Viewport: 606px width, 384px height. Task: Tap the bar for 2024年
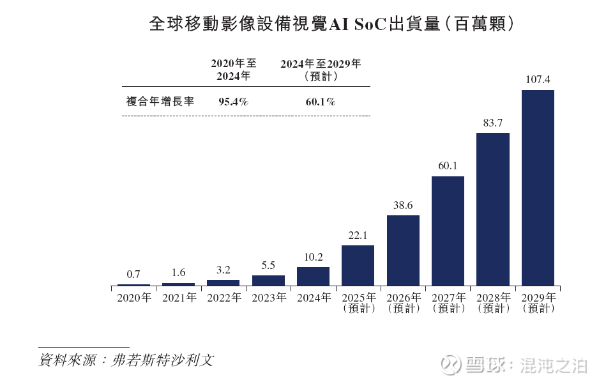point(313,276)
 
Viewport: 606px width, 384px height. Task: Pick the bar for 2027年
point(448,231)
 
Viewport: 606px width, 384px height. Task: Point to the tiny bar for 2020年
point(133,284)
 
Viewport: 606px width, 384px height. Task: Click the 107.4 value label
point(538,80)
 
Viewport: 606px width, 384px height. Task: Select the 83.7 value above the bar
point(493,123)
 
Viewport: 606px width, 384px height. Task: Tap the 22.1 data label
point(358,236)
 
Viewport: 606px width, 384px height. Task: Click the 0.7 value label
point(133,274)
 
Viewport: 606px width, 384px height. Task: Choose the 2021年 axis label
point(179,298)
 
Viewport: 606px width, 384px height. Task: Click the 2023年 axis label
point(268,298)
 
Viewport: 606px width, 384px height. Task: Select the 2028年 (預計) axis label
point(493,303)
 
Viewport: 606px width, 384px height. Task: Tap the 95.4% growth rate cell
point(233,102)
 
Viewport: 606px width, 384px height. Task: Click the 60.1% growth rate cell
point(321,102)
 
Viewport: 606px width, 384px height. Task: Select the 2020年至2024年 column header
point(234,70)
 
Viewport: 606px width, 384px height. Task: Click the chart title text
point(331,24)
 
